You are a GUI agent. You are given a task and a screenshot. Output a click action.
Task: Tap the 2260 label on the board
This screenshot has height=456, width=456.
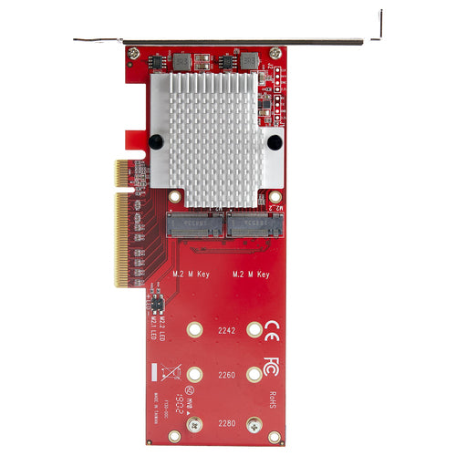[x=224, y=373]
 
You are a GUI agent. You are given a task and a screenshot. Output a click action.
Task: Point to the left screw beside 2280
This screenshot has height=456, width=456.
[x=193, y=423]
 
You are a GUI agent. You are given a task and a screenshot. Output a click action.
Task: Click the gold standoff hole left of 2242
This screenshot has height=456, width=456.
[x=193, y=330]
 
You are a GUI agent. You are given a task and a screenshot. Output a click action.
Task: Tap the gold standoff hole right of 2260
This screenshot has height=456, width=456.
[x=254, y=373]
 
